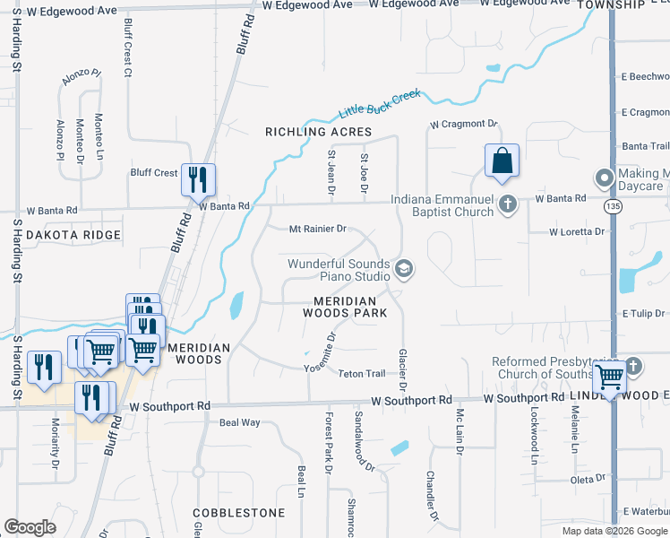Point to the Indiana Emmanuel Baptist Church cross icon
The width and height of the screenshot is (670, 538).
tap(507, 204)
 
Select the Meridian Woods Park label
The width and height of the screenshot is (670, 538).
tap(350, 307)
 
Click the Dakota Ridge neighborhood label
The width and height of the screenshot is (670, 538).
tap(73, 235)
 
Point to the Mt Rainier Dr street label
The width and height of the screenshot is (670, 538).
tap(317, 229)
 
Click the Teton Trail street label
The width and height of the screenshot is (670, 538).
tap(361, 374)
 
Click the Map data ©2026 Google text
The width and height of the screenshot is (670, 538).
tap(614, 531)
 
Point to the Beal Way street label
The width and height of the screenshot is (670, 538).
tap(239, 421)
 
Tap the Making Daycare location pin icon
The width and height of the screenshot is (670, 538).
tap(605, 178)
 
